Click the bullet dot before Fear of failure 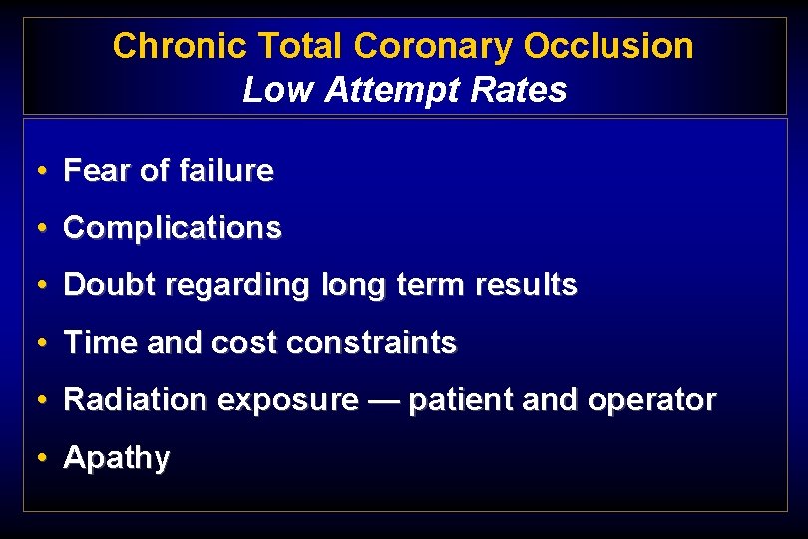click(39, 172)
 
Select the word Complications click(173, 229)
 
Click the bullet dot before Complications click(39, 229)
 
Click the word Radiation click(135, 401)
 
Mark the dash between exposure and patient click(383, 401)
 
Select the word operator click(652, 401)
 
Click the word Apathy click(117, 459)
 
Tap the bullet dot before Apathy click(39, 459)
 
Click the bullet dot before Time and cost click(39, 344)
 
